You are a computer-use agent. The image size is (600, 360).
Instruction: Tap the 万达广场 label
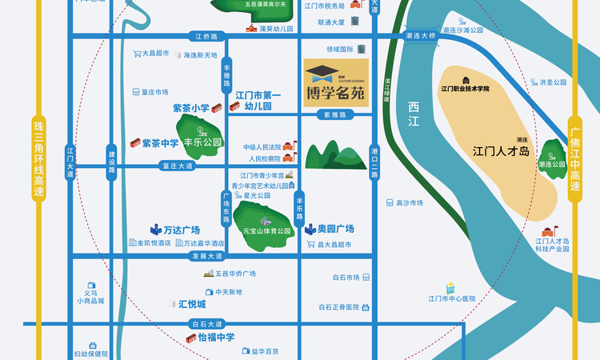182,229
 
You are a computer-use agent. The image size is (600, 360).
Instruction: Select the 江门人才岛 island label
501,150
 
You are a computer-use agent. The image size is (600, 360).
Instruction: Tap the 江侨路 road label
206,36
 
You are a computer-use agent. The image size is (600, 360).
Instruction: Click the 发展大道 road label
206,256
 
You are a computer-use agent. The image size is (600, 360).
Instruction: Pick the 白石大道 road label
206,325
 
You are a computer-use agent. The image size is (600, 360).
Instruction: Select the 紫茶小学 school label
190,108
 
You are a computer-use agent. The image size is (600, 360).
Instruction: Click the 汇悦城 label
192,304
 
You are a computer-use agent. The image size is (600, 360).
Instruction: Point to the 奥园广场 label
336,229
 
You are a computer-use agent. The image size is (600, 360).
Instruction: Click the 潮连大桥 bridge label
421,36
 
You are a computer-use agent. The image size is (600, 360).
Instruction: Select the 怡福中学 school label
216,338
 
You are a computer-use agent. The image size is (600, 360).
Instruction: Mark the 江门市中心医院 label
451,298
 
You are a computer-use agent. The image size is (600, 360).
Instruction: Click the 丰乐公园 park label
203,145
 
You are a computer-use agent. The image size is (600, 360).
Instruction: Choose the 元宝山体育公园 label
267,231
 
